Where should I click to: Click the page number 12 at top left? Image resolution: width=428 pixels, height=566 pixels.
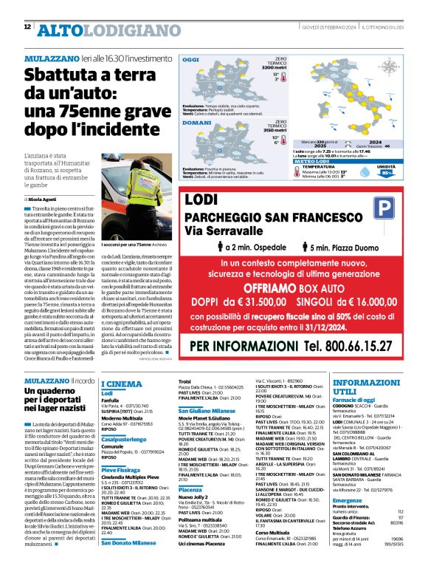click(x=27, y=27)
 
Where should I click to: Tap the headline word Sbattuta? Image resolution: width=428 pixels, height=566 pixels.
click(x=58, y=77)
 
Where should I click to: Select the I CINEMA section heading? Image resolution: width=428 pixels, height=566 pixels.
click(x=121, y=384)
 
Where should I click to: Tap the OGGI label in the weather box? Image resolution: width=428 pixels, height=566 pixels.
click(x=190, y=58)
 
